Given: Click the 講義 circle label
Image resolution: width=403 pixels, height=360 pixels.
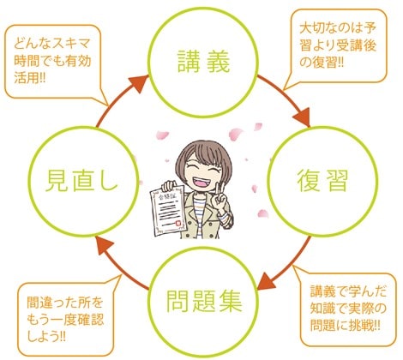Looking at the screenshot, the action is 203,61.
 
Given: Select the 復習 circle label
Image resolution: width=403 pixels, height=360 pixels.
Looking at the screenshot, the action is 322,181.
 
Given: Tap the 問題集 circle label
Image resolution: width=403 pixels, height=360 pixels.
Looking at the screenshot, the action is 204,301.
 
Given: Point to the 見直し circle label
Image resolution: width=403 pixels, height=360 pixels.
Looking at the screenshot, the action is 81,181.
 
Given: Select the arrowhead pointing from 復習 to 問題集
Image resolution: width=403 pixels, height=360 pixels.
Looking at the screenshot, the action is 268,281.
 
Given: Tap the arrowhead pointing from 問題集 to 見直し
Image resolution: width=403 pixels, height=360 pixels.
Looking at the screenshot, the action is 104,246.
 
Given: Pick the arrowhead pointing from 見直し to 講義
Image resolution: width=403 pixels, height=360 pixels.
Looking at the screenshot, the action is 139,83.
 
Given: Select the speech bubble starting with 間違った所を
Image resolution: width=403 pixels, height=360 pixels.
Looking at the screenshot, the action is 65,320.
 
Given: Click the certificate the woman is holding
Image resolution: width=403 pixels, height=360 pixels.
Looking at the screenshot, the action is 167,210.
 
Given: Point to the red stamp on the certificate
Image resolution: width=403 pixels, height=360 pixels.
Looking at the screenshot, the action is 177,223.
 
